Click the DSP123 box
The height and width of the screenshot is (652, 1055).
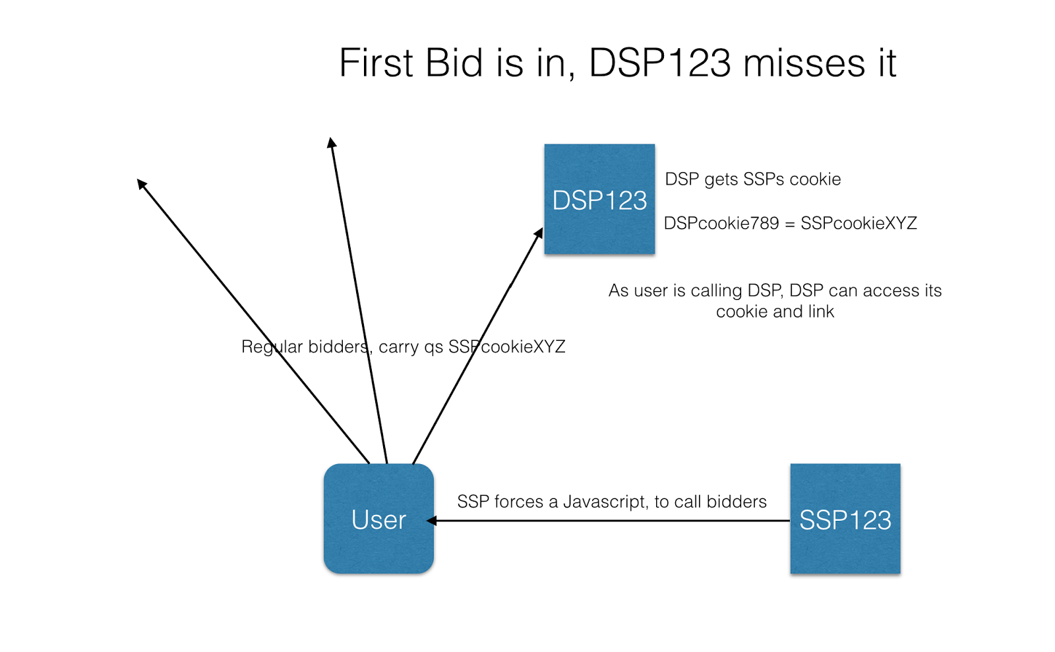coord(599,199)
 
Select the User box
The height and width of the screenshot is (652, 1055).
coord(378,519)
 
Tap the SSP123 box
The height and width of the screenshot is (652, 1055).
coord(845,519)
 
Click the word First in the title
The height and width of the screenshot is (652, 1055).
coord(376,63)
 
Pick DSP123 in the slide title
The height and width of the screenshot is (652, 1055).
coord(659,63)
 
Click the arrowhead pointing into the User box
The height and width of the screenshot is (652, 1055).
coord(432,521)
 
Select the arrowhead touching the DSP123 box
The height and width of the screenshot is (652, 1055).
coord(539,233)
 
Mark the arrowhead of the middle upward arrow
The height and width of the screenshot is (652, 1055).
coord(332,142)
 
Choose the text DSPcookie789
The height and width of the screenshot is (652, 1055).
coord(721,223)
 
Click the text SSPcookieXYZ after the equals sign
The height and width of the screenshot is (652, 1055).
coord(859,223)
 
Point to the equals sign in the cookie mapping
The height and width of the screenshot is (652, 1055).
coord(789,224)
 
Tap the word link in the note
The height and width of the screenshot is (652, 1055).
coord(821,312)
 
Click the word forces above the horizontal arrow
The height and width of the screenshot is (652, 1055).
coord(519,502)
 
